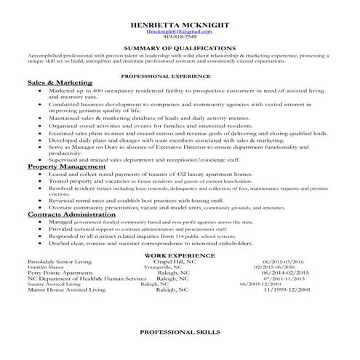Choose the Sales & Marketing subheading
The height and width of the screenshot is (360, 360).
coord(55,83)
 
